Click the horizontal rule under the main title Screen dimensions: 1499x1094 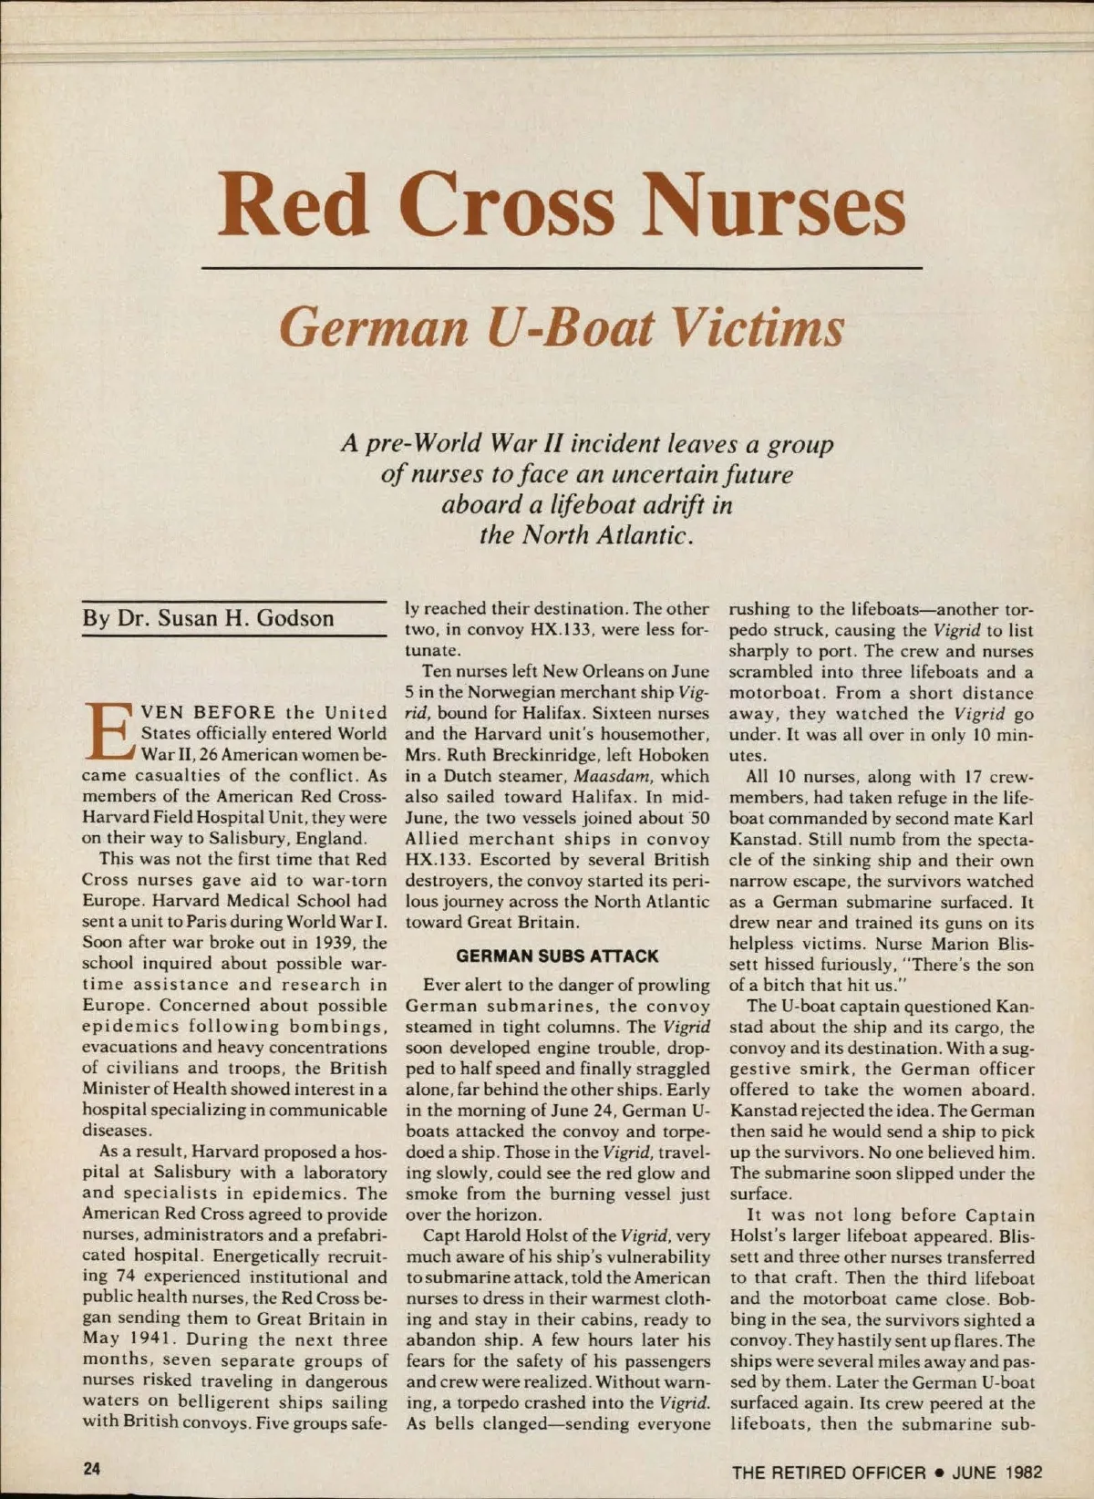tap(561, 268)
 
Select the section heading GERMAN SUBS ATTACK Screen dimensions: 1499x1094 tap(557, 956)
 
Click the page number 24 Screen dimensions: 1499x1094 tap(92, 1469)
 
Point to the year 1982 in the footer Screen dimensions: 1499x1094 tap(1025, 1472)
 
